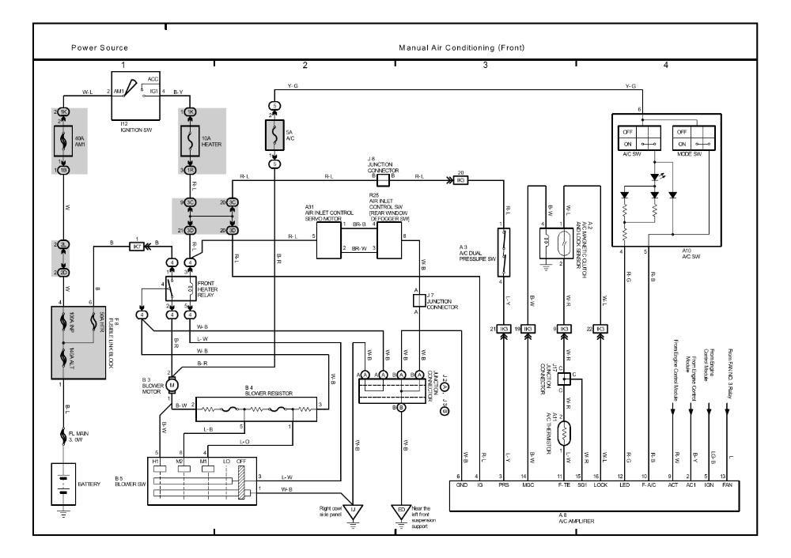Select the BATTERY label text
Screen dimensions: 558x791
[x=89, y=484]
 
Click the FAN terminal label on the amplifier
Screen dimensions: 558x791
[x=725, y=484]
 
